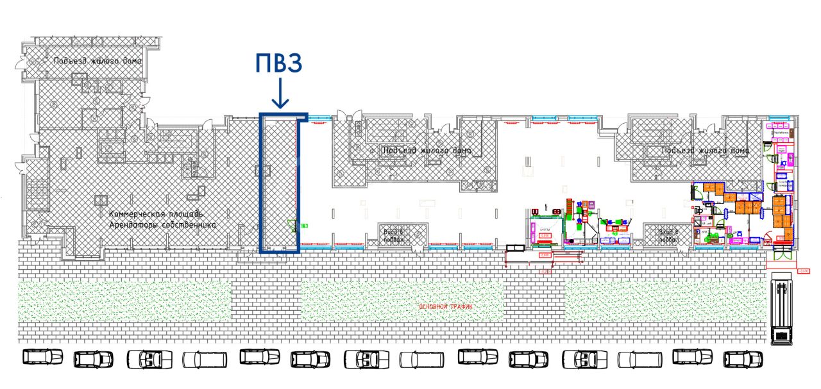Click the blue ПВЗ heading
click(278, 65)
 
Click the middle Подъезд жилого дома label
click(427, 151)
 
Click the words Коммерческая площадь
click(156, 214)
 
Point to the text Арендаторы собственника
click(162, 225)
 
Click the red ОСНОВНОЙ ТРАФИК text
click(446, 307)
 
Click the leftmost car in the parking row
click(43, 357)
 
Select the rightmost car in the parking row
click(743, 359)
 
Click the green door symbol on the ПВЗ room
click(292, 226)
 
